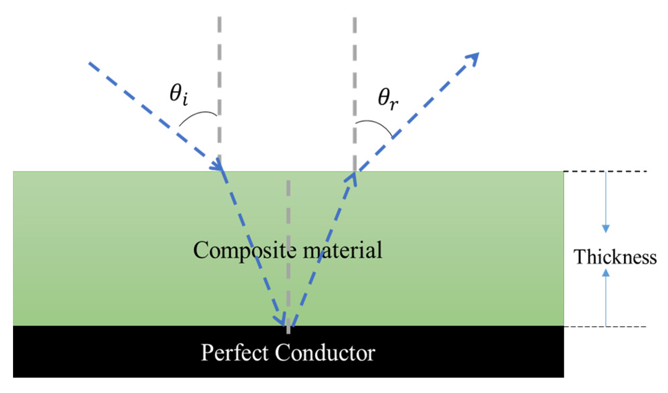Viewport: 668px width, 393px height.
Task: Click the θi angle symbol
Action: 178,94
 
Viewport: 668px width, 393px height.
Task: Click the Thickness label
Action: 615,257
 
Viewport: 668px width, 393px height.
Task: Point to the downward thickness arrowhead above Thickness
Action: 606,229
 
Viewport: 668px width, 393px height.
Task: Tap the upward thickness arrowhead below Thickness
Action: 606,273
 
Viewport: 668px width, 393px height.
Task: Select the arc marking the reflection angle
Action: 375,125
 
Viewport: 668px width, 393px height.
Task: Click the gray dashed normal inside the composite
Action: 288,233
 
